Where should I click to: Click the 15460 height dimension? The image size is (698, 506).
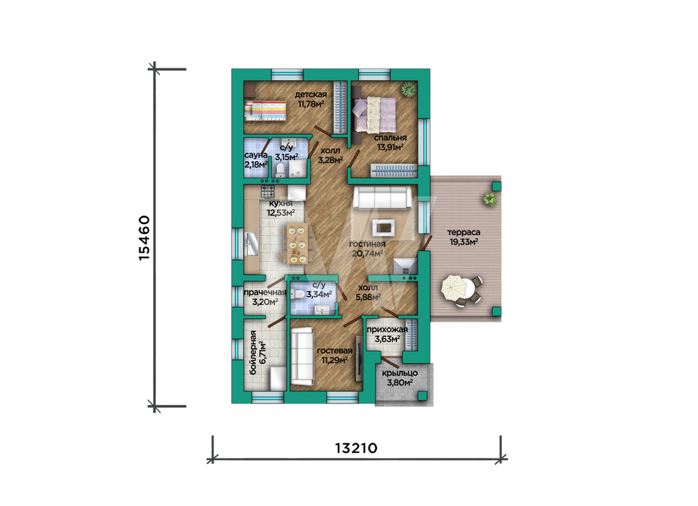click(x=144, y=238)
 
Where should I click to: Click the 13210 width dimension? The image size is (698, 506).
click(x=356, y=447)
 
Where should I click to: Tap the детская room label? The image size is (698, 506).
click(x=311, y=94)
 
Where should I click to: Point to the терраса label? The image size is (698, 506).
click(x=464, y=232)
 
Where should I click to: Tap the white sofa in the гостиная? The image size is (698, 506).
click(x=383, y=197)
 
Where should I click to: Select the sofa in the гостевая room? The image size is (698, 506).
click(x=302, y=356)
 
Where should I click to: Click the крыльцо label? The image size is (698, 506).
click(x=400, y=373)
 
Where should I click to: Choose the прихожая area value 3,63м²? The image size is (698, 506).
click(x=387, y=339)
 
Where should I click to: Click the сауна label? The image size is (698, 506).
click(x=256, y=155)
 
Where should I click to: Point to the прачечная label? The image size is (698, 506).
click(x=265, y=292)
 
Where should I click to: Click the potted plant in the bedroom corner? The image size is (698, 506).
click(x=408, y=89)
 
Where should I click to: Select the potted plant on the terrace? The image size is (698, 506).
click(x=490, y=199)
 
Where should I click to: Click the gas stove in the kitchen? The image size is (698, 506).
click(x=267, y=192)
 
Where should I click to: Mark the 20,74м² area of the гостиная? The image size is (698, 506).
click(x=368, y=253)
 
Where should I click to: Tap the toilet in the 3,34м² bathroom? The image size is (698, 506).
click(x=298, y=294)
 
